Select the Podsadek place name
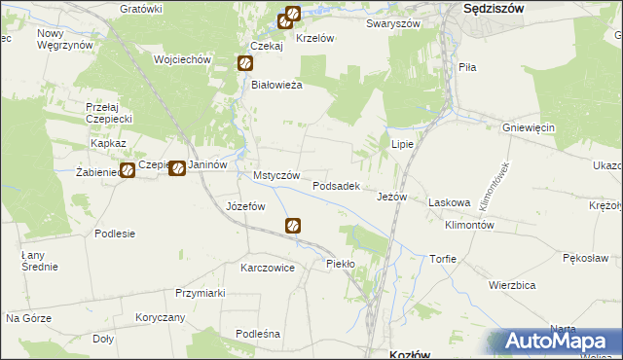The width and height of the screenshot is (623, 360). pyautogui.click(x=337, y=185)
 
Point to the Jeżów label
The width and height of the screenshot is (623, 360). pyautogui.click(x=391, y=197)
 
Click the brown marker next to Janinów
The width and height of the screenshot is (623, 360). pyautogui.click(x=177, y=168)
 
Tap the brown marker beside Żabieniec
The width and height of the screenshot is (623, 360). pyautogui.click(x=127, y=171)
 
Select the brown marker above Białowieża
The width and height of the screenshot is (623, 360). pyautogui.click(x=245, y=63)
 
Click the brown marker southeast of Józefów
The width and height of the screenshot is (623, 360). pyautogui.click(x=293, y=226)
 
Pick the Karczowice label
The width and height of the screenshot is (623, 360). pyautogui.click(x=268, y=268)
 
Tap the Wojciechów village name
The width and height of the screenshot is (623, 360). pyautogui.click(x=182, y=59)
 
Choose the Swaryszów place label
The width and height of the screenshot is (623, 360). pyautogui.click(x=392, y=23)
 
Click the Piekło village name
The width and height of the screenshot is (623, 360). pyautogui.click(x=341, y=264)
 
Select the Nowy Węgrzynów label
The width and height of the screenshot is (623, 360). pyautogui.click(x=63, y=39)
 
